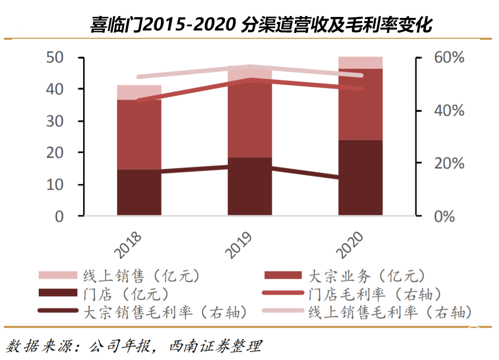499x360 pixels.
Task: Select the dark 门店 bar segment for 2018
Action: point(139,194)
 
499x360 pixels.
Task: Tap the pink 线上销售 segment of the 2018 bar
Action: point(139,92)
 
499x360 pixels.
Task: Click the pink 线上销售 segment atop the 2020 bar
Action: point(360,62)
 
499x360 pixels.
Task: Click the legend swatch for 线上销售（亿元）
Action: point(58,275)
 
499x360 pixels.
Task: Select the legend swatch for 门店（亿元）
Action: point(58,293)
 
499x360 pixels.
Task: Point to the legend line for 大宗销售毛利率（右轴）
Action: point(58,311)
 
